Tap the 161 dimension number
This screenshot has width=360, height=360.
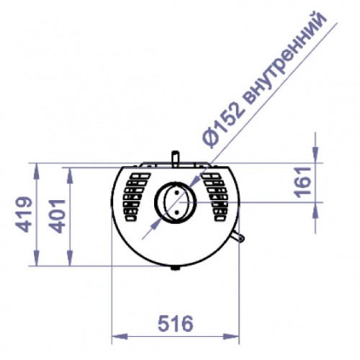[302, 186]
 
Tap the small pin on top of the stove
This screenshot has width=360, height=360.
[174, 157]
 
